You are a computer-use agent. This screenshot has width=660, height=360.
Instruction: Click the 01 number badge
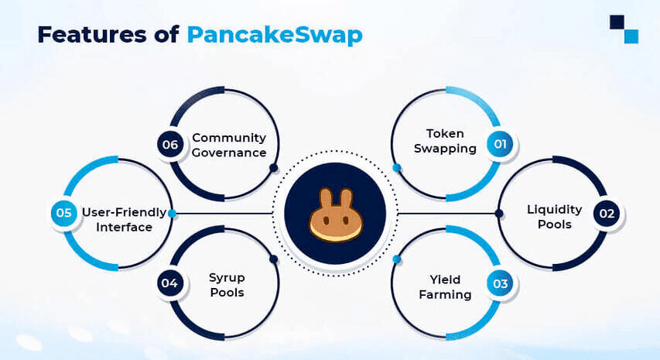pyautogui.click(x=500, y=145)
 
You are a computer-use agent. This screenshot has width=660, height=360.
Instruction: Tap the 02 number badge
pyautogui.click(x=607, y=214)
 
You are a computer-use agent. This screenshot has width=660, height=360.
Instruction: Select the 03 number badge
pyautogui.click(x=500, y=283)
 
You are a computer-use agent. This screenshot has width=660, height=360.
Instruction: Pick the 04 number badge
pyautogui.click(x=169, y=283)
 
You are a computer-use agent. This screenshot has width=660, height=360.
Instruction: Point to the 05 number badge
pyautogui.click(x=63, y=213)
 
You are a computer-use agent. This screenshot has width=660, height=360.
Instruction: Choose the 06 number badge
pyautogui.click(x=170, y=145)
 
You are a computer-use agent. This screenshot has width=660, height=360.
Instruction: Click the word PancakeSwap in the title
pyautogui.click(x=275, y=36)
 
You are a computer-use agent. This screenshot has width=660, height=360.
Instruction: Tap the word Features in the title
pyautogui.click(x=92, y=35)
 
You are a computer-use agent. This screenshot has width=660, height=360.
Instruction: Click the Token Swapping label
pyautogui.click(x=445, y=141)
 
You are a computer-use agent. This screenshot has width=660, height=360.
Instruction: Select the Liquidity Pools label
pyautogui.click(x=554, y=217)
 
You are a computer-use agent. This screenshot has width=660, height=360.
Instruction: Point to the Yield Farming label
pyautogui.click(x=445, y=287)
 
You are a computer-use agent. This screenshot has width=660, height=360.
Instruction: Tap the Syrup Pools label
pyautogui.click(x=227, y=285)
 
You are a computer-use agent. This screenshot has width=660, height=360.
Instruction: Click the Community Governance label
pyautogui.click(x=229, y=146)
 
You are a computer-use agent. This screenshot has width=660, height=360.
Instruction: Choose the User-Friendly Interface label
pyautogui.click(x=124, y=220)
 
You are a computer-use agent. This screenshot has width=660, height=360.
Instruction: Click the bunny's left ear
pyautogui.click(x=326, y=198)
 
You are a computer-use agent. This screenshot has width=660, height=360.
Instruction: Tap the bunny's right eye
pyautogui.click(x=346, y=221)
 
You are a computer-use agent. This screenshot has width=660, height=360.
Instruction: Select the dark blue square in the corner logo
pyautogui.click(x=617, y=22)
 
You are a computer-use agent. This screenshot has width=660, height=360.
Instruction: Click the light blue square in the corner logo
pyautogui.click(x=631, y=36)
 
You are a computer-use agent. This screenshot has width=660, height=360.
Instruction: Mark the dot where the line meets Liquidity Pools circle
pyautogui.click(x=499, y=214)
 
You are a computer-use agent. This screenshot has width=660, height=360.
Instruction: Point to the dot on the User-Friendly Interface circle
pyautogui.click(x=172, y=214)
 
